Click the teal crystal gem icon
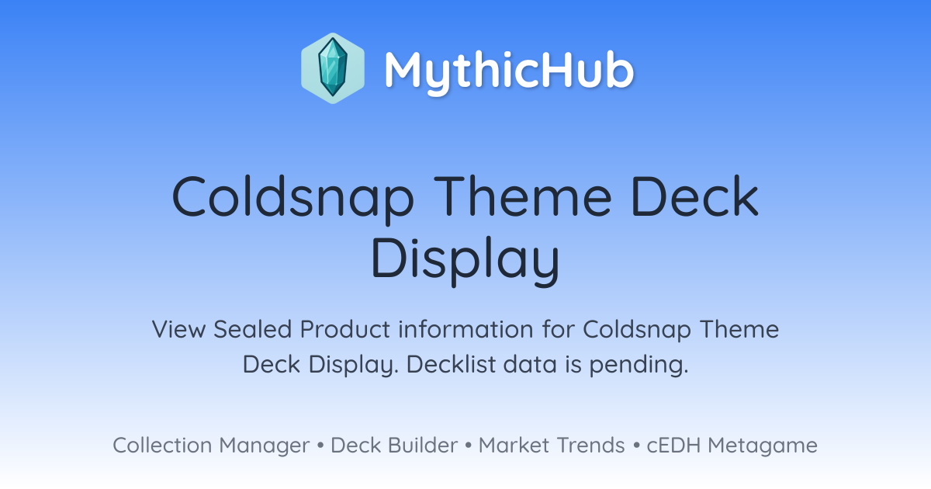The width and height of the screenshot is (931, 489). [x=333, y=68]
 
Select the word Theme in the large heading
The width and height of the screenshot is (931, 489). [x=522, y=196]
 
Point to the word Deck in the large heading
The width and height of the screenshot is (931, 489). [x=695, y=196]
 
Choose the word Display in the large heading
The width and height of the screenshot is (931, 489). [x=465, y=260]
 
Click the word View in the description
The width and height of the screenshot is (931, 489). [x=178, y=329]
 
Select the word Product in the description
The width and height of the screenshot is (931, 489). [x=345, y=329]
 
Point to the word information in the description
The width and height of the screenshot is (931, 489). [x=465, y=329]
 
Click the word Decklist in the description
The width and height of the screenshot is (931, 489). [x=451, y=364]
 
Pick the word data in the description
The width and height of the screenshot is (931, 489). [x=529, y=364]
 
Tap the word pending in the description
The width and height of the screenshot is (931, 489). [x=639, y=365]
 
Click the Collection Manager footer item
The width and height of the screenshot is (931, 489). [x=211, y=446]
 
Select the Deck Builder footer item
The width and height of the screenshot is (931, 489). [x=394, y=446]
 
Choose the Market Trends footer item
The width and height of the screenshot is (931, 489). [x=552, y=446]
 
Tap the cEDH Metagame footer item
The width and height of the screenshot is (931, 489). [x=732, y=446]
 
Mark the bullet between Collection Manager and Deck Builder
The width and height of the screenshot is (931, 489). [x=320, y=446]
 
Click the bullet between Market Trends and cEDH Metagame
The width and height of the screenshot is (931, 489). [x=636, y=446]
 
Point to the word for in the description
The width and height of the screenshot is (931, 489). [x=558, y=329]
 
